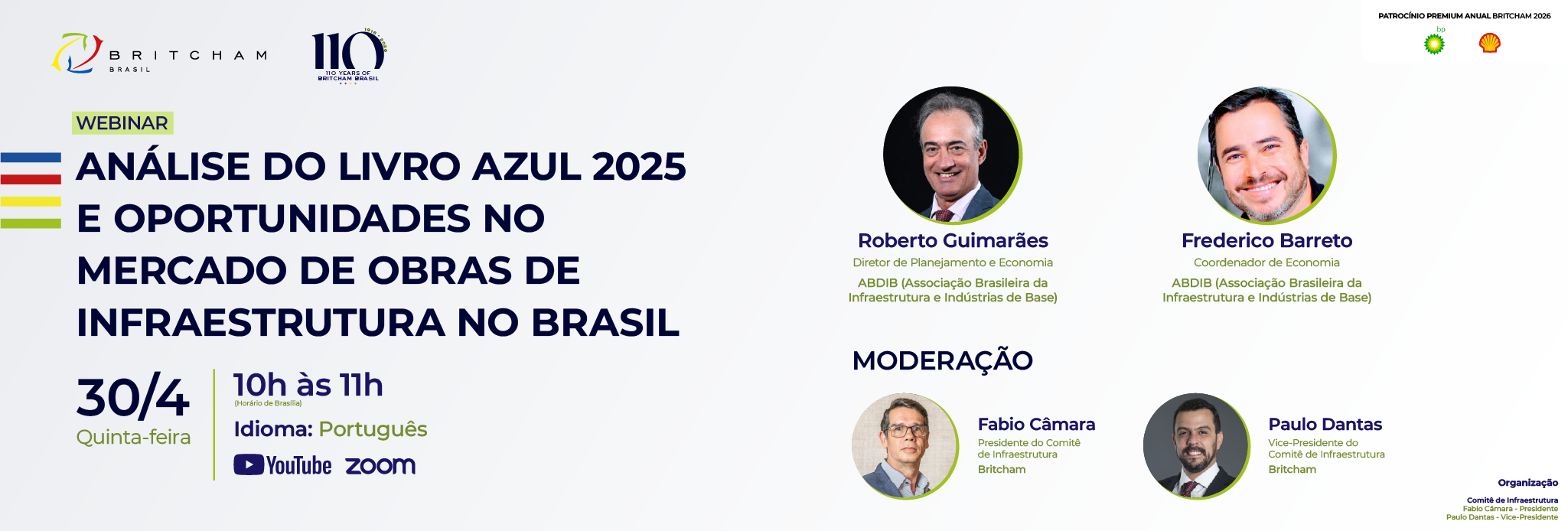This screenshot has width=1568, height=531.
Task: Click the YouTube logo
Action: click(282, 465)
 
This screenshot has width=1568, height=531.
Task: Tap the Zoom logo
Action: click(380, 465)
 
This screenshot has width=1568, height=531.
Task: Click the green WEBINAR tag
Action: click(122, 123)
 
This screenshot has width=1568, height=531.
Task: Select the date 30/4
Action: click(133, 397)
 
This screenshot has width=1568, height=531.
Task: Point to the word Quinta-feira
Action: click(133, 437)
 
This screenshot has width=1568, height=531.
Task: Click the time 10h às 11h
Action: click(308, 385)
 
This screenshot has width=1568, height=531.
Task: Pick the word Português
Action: click(373, 429)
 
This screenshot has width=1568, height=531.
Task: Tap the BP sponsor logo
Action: click(1435, 44)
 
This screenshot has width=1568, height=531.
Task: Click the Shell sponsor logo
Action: click(1489, 44)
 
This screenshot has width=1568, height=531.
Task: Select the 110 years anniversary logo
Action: click(349, 56)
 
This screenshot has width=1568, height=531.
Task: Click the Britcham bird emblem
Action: click(77, 54)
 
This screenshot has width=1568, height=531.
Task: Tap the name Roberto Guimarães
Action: click(953, 241)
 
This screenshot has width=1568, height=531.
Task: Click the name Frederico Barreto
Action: click(1266, 241)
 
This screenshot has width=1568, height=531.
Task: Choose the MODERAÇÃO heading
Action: click(943, 360)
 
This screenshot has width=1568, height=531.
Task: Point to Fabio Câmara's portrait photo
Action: click(905, 446)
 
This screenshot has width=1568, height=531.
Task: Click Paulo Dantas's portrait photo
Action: click(1196, 446)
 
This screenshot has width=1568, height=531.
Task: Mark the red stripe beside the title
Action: click(31, 180)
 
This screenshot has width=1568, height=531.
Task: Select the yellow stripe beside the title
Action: click(31, 202)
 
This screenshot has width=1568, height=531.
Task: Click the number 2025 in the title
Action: click(639, 167)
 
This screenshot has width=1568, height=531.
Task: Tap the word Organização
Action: click(1527, 483)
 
